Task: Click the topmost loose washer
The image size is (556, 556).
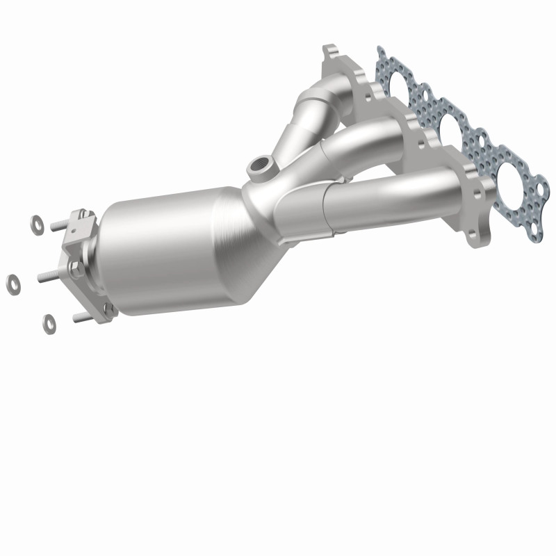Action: coord(36,224)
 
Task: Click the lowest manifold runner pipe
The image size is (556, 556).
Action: coord(389,202)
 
